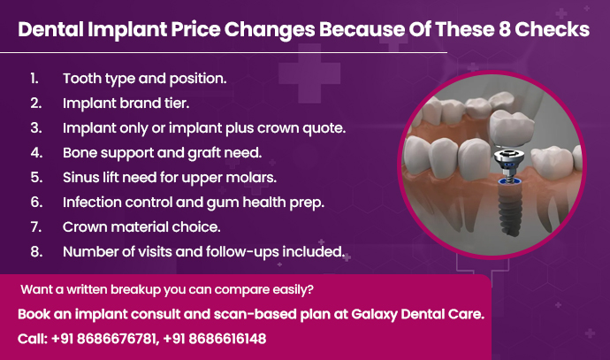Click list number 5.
click(x=34, y=177)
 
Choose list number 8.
click(x=34, y=251)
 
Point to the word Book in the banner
click(x=36, y=316)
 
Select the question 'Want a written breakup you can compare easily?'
click(x=166, y=289)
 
